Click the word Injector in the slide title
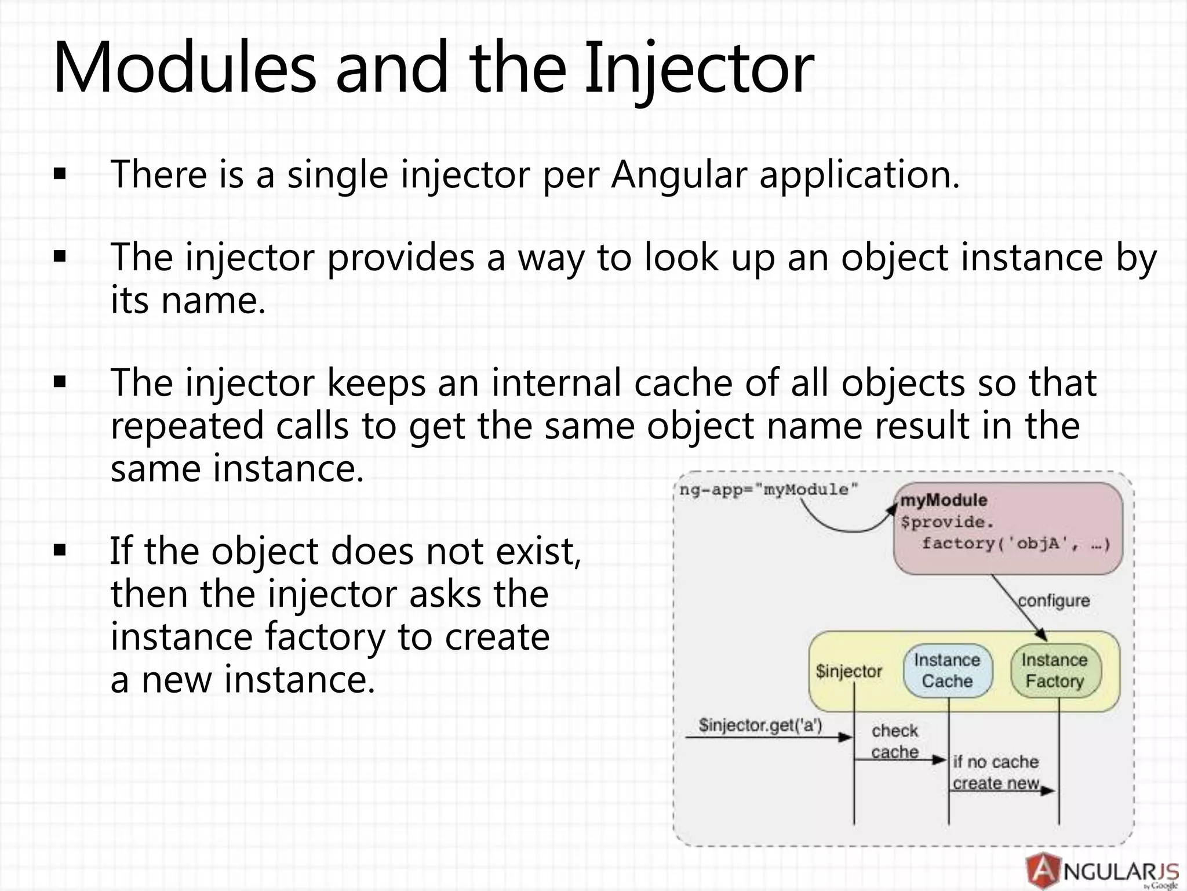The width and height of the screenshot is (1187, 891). tap(698, 68)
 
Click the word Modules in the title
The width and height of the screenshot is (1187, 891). tap(184, 68)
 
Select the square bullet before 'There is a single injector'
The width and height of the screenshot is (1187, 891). tap(60, 174)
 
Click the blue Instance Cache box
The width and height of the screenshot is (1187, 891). tap(947, 671)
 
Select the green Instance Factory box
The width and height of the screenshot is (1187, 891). tap(1055, 671)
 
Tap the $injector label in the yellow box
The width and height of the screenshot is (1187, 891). tap(849, 671)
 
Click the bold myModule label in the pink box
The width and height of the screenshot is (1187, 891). tap(944, 500)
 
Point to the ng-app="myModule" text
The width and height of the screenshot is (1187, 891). tap(768, 490)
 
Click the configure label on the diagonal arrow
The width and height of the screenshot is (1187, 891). tap(1054, 600)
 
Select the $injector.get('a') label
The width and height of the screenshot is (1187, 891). tap(760, 725)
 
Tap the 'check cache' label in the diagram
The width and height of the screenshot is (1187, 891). tap(895, 741)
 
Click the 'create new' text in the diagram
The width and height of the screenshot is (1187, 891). tap(996, 783)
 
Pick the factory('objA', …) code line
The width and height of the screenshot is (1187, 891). tap(1016, 544)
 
